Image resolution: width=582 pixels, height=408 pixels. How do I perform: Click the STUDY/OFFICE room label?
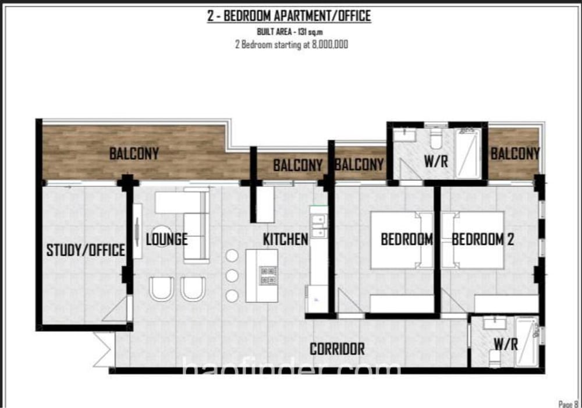click(86, 250)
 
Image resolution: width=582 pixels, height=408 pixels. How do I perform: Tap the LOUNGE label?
click(166, 239)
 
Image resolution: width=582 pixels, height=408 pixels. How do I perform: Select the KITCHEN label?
click(285, 239)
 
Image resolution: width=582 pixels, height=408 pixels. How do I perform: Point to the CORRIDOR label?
click(337, 349)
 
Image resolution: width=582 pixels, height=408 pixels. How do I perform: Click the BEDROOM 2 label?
click(482, 239)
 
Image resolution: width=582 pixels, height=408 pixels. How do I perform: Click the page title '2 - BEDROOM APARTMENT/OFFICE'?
click(289, 16)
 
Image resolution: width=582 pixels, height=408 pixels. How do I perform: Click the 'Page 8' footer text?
click(568, 403)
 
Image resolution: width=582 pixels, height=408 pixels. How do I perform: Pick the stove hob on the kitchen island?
click(268, 275)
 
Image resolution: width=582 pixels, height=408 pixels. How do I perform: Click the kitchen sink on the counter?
click(318, 226)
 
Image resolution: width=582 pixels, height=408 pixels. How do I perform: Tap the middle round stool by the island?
click(232, 275)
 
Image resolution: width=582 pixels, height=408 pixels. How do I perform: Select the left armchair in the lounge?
click(161, 289)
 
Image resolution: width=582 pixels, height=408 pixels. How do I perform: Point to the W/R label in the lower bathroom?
click(505, 344)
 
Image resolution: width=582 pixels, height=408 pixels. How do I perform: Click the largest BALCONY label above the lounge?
click(134, 154)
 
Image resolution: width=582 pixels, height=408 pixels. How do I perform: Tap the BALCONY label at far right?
click(514, 154)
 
